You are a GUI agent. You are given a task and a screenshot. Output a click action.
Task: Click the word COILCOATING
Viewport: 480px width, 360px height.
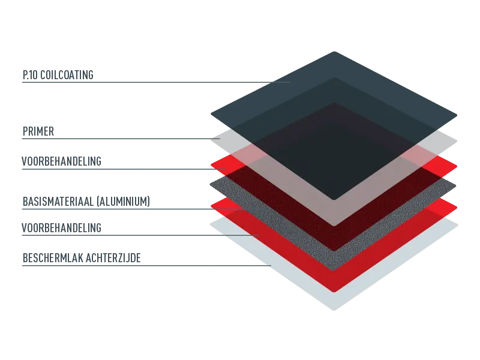67,75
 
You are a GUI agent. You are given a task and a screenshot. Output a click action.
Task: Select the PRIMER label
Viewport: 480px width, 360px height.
38,131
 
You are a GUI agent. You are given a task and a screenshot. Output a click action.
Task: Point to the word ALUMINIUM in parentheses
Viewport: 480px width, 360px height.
123,202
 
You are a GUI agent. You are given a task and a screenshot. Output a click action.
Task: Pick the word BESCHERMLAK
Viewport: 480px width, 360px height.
53,258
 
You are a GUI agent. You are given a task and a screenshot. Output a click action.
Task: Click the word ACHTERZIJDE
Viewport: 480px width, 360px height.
113,258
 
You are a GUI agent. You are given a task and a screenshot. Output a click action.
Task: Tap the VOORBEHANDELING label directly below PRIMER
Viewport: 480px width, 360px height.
61,161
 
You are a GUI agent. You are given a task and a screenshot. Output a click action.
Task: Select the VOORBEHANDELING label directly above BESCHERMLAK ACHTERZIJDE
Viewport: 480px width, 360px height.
61,228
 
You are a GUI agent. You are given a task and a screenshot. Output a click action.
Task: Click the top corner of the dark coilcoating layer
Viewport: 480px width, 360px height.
334,52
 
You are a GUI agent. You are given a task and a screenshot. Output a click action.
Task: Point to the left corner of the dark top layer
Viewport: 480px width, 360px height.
211,114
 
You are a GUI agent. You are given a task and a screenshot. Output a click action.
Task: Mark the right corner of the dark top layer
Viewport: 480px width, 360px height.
457,116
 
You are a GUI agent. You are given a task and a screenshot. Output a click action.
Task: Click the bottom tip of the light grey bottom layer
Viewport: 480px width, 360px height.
334,310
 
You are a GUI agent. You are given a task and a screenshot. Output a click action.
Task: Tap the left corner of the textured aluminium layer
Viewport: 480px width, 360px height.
211,185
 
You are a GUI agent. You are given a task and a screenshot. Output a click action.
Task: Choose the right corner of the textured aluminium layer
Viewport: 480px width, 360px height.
456,186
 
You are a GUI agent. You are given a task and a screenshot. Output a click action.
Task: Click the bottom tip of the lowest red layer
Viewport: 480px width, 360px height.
334,292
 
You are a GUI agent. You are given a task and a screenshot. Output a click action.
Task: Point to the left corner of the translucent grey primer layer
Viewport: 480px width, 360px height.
211,140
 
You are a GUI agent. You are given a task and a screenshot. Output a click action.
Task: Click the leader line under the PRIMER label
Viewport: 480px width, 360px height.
121,139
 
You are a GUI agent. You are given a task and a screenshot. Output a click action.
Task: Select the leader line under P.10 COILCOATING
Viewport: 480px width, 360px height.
156,82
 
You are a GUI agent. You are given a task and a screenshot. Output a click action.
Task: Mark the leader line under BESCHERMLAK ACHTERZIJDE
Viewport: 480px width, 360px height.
146,265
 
